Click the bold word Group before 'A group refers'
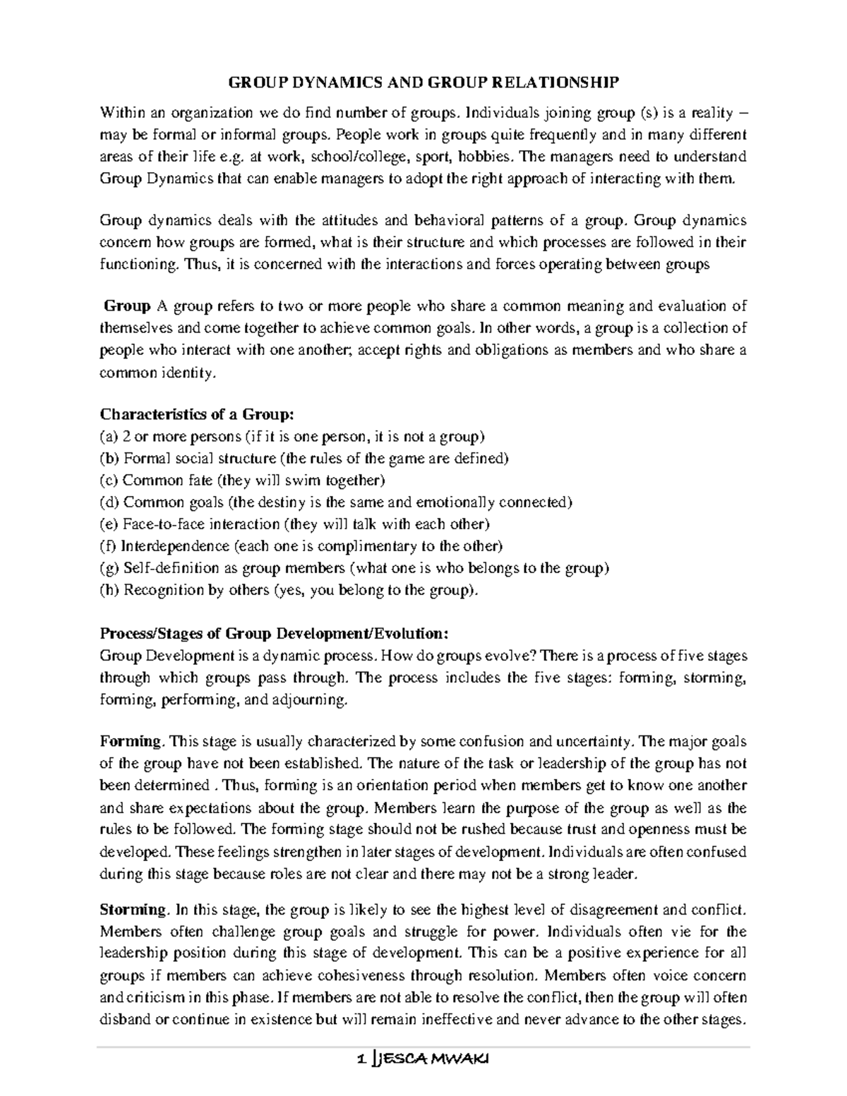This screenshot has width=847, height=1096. tap(127, 306)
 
